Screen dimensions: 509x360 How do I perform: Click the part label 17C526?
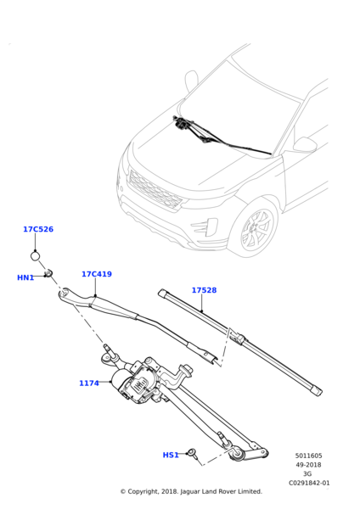[x=38, y=229]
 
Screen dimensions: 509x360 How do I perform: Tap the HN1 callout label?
[x=25, y=277]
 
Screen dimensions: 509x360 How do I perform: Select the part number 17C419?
[x=96, y=274]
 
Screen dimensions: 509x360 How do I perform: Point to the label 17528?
[x=204, y=290]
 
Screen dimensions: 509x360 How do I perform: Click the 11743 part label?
[x=89, y=383]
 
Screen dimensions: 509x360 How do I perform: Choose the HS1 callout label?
[x=171, y=455]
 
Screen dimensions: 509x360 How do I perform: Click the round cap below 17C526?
[x=36, y=255]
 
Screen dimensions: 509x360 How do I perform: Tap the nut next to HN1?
[x=50, y=273]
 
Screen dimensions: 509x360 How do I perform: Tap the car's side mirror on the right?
[x=303, y=146]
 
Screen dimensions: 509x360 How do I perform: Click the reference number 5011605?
[x=308, y=456]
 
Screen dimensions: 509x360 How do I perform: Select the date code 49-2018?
[x=308, y=465]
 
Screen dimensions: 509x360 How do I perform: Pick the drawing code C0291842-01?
[x=308, y=483]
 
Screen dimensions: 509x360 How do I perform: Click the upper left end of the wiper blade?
[x=162, y=293]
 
